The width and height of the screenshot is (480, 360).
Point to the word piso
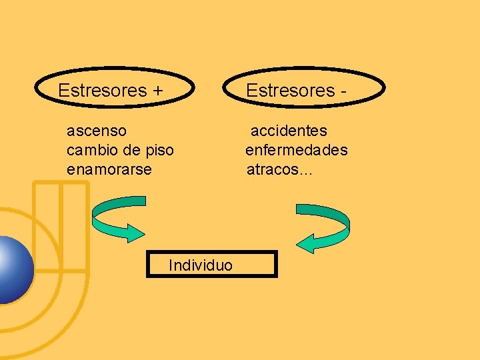[159, 151]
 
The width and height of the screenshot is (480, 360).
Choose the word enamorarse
[109, 169]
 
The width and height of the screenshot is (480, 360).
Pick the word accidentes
[289, 131]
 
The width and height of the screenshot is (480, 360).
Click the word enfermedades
[296, 151]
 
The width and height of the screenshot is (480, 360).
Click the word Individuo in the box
[201, 265]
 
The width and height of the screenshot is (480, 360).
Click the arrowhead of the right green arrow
[305, 243]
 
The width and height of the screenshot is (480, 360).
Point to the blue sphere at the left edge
[12, 269]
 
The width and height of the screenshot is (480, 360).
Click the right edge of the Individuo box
[275, 264]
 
